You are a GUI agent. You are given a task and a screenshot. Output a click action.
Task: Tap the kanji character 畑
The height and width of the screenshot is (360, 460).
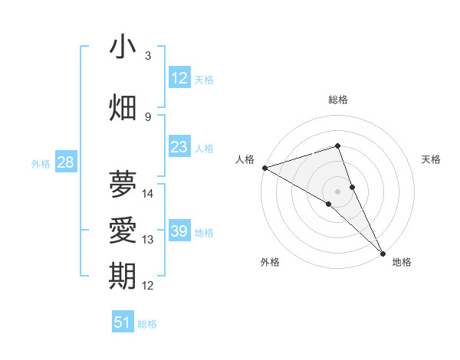[x=123, y=106]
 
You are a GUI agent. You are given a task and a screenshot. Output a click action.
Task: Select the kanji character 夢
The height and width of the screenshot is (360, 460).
[x=123, y=184]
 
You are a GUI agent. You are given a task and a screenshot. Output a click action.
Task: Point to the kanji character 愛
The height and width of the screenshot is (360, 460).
[x=123, y=230]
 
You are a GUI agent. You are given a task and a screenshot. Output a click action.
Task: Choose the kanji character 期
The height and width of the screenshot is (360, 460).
[x=123, y=276]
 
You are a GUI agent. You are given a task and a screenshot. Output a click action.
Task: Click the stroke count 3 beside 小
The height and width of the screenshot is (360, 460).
[x=148, y=55]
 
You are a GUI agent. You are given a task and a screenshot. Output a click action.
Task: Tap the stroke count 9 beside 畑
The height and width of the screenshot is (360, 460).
[x=148, y=116]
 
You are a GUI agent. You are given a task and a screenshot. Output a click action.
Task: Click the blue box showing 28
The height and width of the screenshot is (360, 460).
[x=65, y=162]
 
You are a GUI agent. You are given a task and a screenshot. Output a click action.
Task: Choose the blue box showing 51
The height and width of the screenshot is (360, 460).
[x=123, y=322]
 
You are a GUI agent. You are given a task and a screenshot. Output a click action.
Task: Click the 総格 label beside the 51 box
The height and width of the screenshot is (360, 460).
[x=147, y=324]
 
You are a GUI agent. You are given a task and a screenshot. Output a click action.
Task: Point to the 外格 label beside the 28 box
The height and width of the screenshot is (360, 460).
[x=41, y=164]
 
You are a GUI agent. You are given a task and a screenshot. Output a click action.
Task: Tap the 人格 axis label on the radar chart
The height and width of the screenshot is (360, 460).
[x=245, y=159]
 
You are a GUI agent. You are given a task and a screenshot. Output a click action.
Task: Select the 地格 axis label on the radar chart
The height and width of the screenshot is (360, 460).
[x=402, y=262]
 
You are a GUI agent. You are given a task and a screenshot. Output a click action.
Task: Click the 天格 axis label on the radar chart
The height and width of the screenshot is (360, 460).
[x=431, y=159]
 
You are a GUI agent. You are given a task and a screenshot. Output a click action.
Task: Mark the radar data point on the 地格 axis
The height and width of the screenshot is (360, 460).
[x=383, y=252]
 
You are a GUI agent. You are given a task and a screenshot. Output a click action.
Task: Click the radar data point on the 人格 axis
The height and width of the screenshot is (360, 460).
[x=264, y=167]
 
